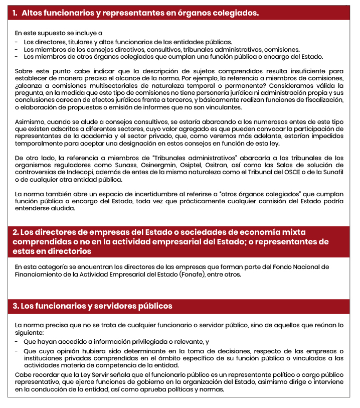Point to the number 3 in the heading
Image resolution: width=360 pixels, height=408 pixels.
(x=16, y=306)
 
